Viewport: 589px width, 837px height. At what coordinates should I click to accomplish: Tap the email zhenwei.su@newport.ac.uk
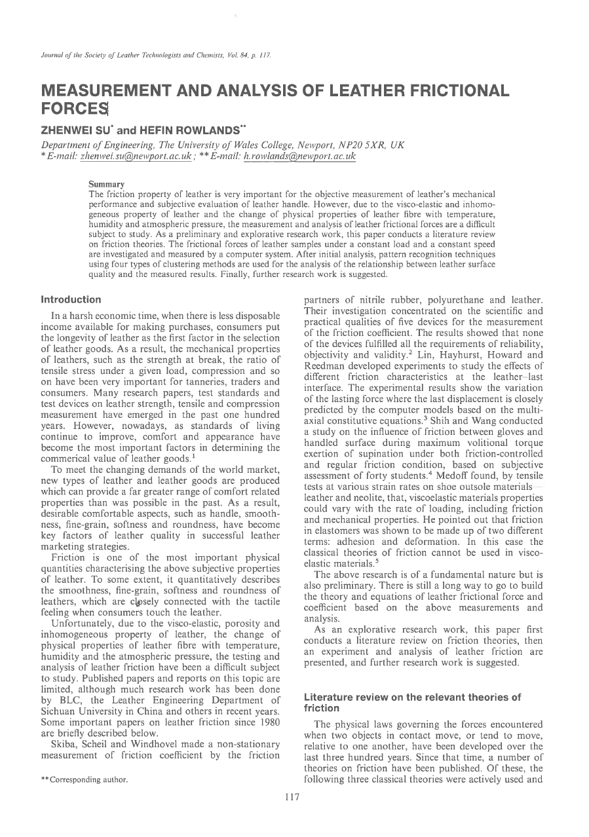pos(136,157)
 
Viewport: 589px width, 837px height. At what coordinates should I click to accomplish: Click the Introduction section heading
pos(71,300)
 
